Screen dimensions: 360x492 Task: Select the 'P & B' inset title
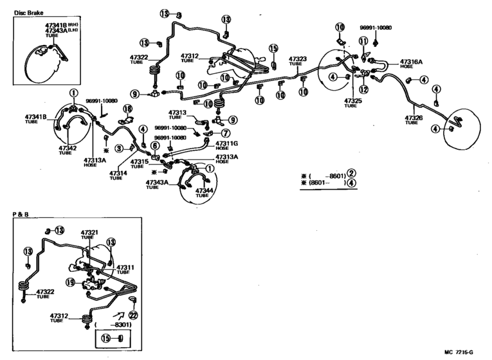[21, 213]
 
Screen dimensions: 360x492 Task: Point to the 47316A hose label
[411, 62]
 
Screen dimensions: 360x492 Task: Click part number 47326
[414, 118]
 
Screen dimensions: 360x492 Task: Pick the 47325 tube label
[353, 101]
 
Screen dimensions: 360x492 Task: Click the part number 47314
[118, 173]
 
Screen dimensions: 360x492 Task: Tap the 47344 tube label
[204, 190]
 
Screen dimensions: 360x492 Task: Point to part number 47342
[68, 148]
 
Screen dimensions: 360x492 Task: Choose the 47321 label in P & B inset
[89, 232]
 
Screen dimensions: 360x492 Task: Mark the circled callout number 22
[133, 314]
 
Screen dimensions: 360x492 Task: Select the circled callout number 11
[363, 41]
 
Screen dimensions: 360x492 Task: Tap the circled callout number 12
[363, 89]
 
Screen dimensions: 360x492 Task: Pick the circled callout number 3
[119, 149]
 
